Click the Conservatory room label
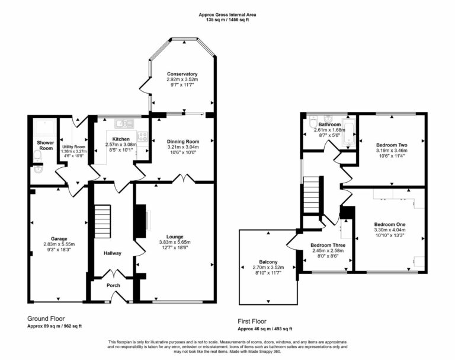pos(182,74)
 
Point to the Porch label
pos(113,285)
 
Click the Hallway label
pos(113,253)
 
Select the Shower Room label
pos(45,145)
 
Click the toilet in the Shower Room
pos(37,157)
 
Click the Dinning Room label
pos(182,141)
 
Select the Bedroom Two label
pos(391,144)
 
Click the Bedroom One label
pos(390,224)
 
